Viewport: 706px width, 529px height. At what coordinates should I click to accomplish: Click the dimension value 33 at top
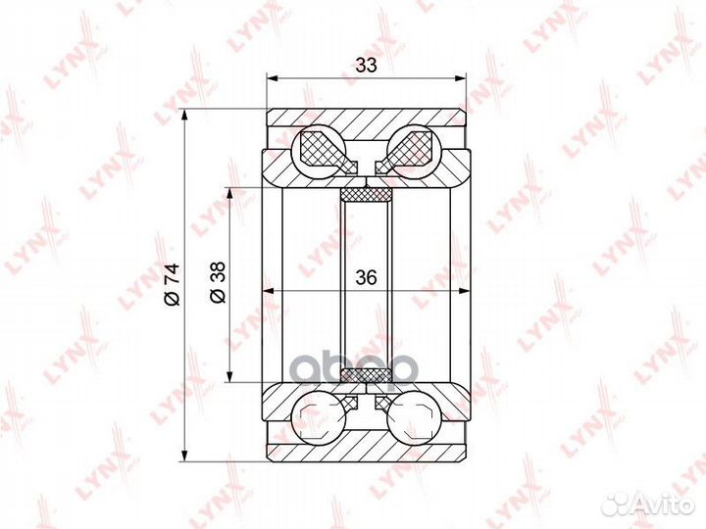coord(366,66)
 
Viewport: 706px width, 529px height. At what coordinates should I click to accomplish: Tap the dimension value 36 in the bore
coord(366,277)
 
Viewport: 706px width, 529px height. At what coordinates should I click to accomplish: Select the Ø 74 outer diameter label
coord(172,285)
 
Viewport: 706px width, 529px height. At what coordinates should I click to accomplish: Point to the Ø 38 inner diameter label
coord(218,282)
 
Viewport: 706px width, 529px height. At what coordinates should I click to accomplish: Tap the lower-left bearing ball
coord(319,417)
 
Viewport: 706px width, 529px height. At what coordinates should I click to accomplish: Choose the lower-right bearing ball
coord(414,417)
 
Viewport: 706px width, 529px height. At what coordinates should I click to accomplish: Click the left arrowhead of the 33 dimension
coord(272,78)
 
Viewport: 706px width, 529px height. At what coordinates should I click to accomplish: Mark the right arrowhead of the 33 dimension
coord(460,78)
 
